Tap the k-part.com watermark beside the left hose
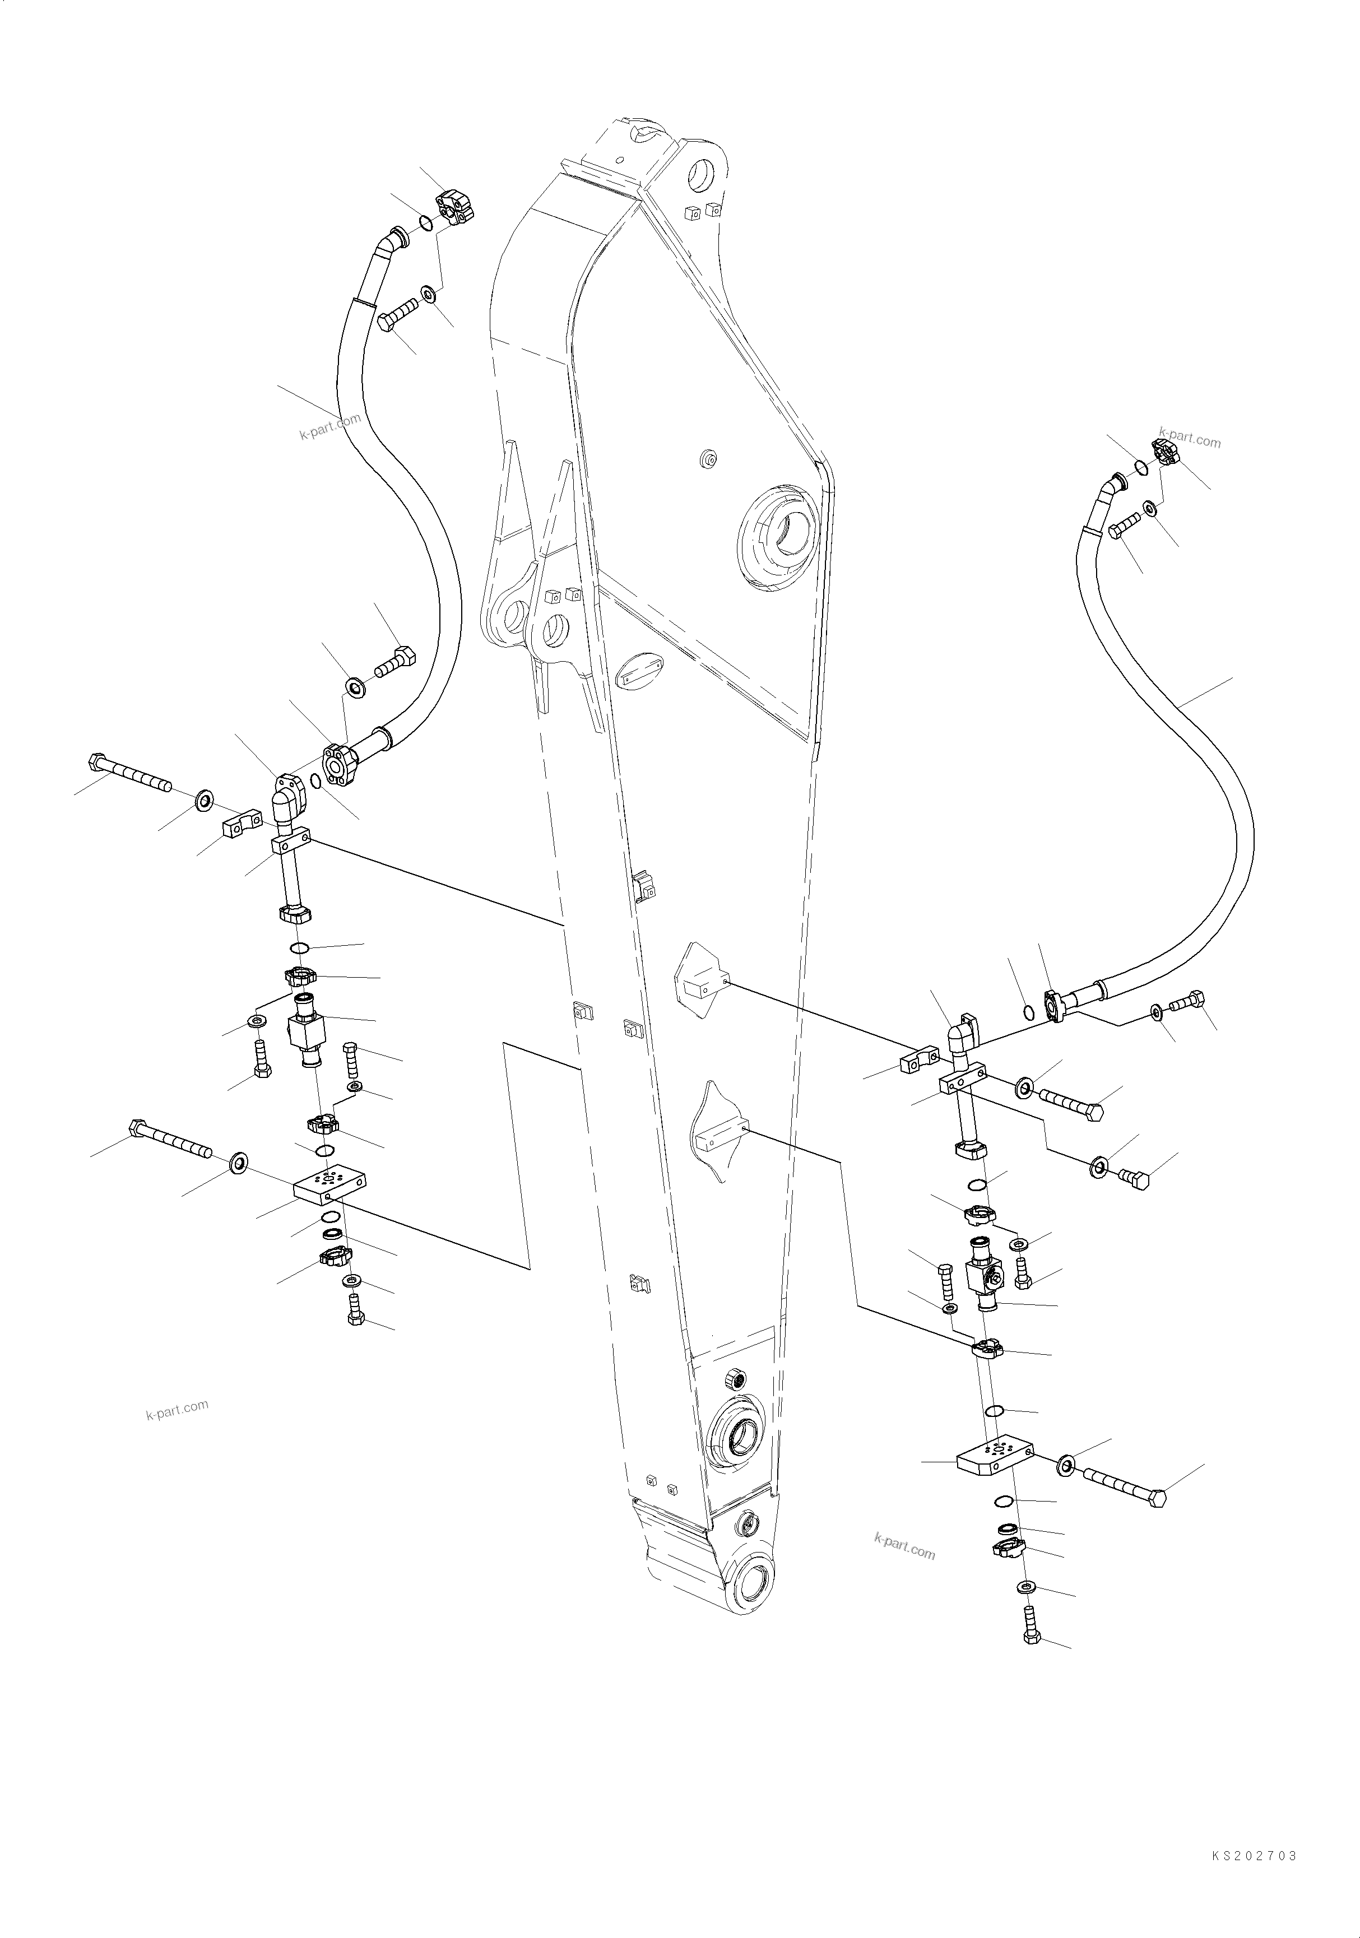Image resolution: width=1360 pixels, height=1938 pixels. coord(329,426)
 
